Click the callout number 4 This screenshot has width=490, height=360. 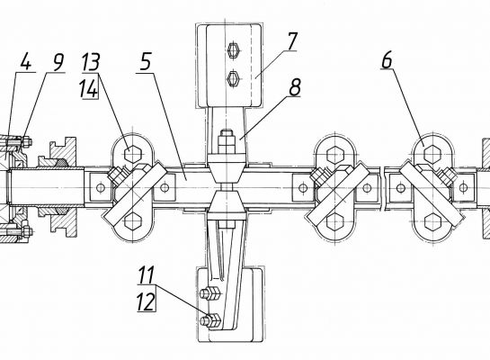click(26, 63)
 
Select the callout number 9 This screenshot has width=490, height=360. click(58, 63)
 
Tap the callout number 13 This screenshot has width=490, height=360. click(91, 62)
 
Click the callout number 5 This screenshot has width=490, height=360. click(146, 61)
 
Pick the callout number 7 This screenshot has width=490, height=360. click(292, 41)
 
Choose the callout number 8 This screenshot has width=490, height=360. click(295, 87)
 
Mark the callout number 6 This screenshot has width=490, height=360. click(387, 59)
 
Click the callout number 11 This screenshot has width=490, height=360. click(147, 275)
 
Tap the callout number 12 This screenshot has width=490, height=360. click(146, 301)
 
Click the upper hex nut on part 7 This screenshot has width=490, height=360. click(234, 49)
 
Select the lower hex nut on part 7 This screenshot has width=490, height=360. click(234, 78)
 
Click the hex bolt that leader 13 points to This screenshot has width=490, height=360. click(133, 154)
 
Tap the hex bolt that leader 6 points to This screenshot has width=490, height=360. click(432, 154)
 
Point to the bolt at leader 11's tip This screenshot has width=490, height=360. click(211, 319)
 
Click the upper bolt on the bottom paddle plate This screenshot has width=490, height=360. click(210, 294)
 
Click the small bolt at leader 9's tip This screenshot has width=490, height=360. click(26, 141)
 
